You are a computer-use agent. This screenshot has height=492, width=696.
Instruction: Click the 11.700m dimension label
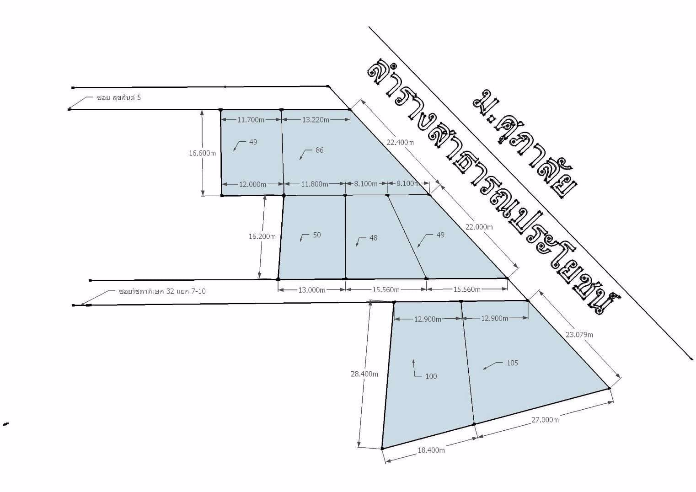tap(251, 120)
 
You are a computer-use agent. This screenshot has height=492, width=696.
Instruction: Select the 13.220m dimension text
tap(316, 120)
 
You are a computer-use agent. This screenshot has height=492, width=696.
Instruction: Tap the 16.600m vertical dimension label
tap(202, 153)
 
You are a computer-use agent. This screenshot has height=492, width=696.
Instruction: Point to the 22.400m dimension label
tap(400, 143)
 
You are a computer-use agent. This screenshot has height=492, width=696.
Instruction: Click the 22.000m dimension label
tap(479, 227)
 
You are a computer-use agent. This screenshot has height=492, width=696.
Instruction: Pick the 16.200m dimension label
tap(262, 237)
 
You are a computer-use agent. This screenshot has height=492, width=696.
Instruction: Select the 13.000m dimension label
tap(312, 290)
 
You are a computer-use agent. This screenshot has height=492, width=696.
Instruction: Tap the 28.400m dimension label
tap(364, 374)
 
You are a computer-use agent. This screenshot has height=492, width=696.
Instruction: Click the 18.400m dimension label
tap(431, 450)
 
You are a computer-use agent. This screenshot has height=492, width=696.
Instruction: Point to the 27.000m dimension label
tap(545, 420)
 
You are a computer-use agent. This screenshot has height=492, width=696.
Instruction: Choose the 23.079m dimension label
tap(579, 335)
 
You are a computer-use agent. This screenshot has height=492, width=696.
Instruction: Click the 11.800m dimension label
tap(315, 184)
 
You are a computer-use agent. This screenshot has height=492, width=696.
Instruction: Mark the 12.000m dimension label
tap(252, 184)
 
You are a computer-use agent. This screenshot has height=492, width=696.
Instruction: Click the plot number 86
tap(320, 150)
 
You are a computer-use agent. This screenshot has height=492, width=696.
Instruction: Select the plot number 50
tap(317, 235)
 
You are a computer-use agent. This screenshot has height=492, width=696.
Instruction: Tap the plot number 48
tap(374, 238)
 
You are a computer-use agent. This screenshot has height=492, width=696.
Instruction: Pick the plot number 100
tap(431, 376)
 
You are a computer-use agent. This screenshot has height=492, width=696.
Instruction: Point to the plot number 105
tap(512, 363)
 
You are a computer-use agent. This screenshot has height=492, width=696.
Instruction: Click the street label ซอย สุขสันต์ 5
tap(119, 97)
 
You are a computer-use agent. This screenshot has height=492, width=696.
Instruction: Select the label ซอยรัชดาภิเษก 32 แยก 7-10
tap(162, 291)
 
